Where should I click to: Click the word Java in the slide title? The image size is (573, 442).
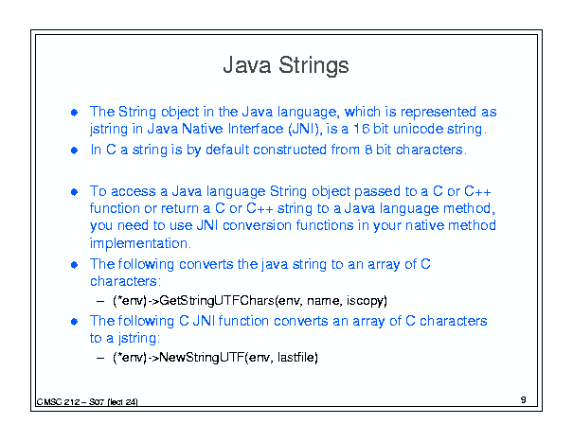coord(247,65)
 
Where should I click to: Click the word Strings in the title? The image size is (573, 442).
coord(313,66)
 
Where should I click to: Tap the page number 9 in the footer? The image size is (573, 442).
coord(524,399)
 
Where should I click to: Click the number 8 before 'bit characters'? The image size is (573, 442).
coord(368,150)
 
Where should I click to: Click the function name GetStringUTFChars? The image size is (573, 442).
coord(217,301)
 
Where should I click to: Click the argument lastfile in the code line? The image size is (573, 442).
coord(296,357)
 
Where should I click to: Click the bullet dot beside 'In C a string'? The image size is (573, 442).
coord(74,150)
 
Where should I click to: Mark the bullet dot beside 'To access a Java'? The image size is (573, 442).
coord(74,192)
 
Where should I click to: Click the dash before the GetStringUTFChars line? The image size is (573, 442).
coord(100,301)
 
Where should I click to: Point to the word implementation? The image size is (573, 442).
coord(139,243)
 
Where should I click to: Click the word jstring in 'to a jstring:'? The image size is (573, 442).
coord(137,338)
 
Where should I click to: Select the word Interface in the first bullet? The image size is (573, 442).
coord(256,129)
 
